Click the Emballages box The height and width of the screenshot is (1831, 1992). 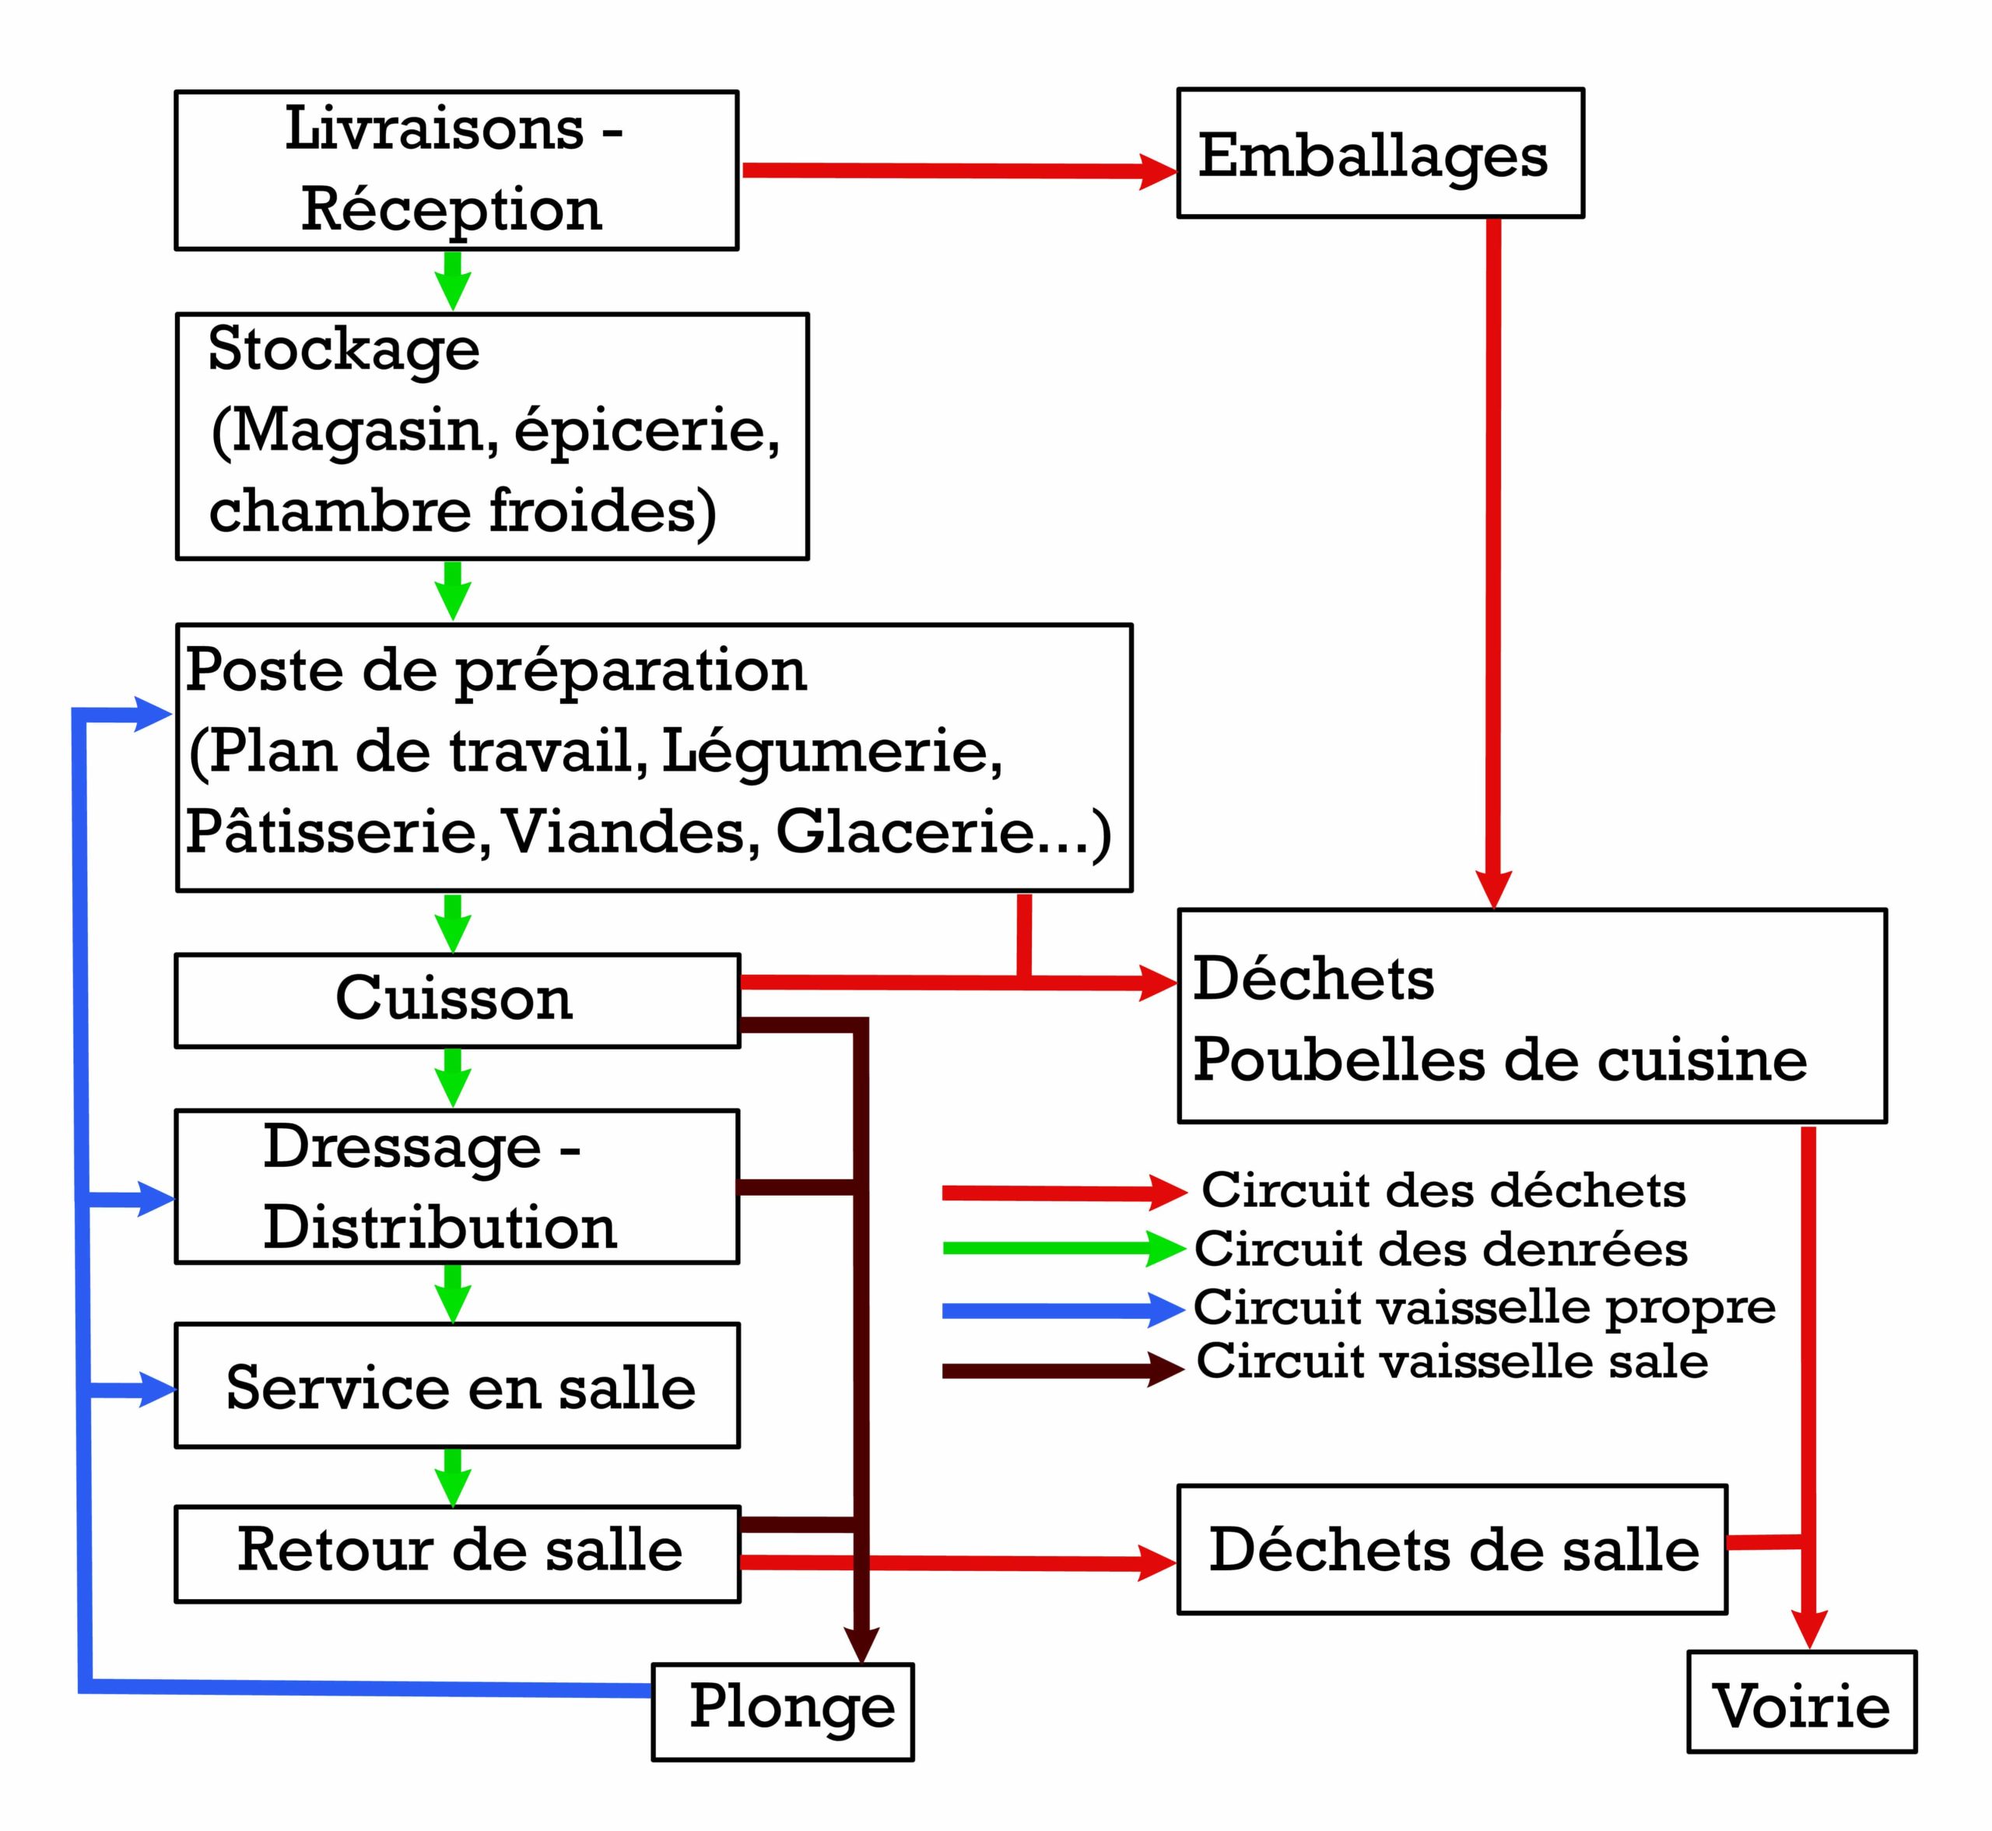1379,153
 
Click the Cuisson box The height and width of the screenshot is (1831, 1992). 457,1000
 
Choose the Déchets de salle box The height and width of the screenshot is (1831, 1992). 1451,1548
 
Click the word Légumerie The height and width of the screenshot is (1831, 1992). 830,752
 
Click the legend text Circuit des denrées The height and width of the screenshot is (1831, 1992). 1440,1249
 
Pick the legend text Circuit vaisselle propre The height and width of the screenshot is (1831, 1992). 1484,1308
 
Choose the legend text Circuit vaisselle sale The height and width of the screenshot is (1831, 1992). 1452,1362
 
